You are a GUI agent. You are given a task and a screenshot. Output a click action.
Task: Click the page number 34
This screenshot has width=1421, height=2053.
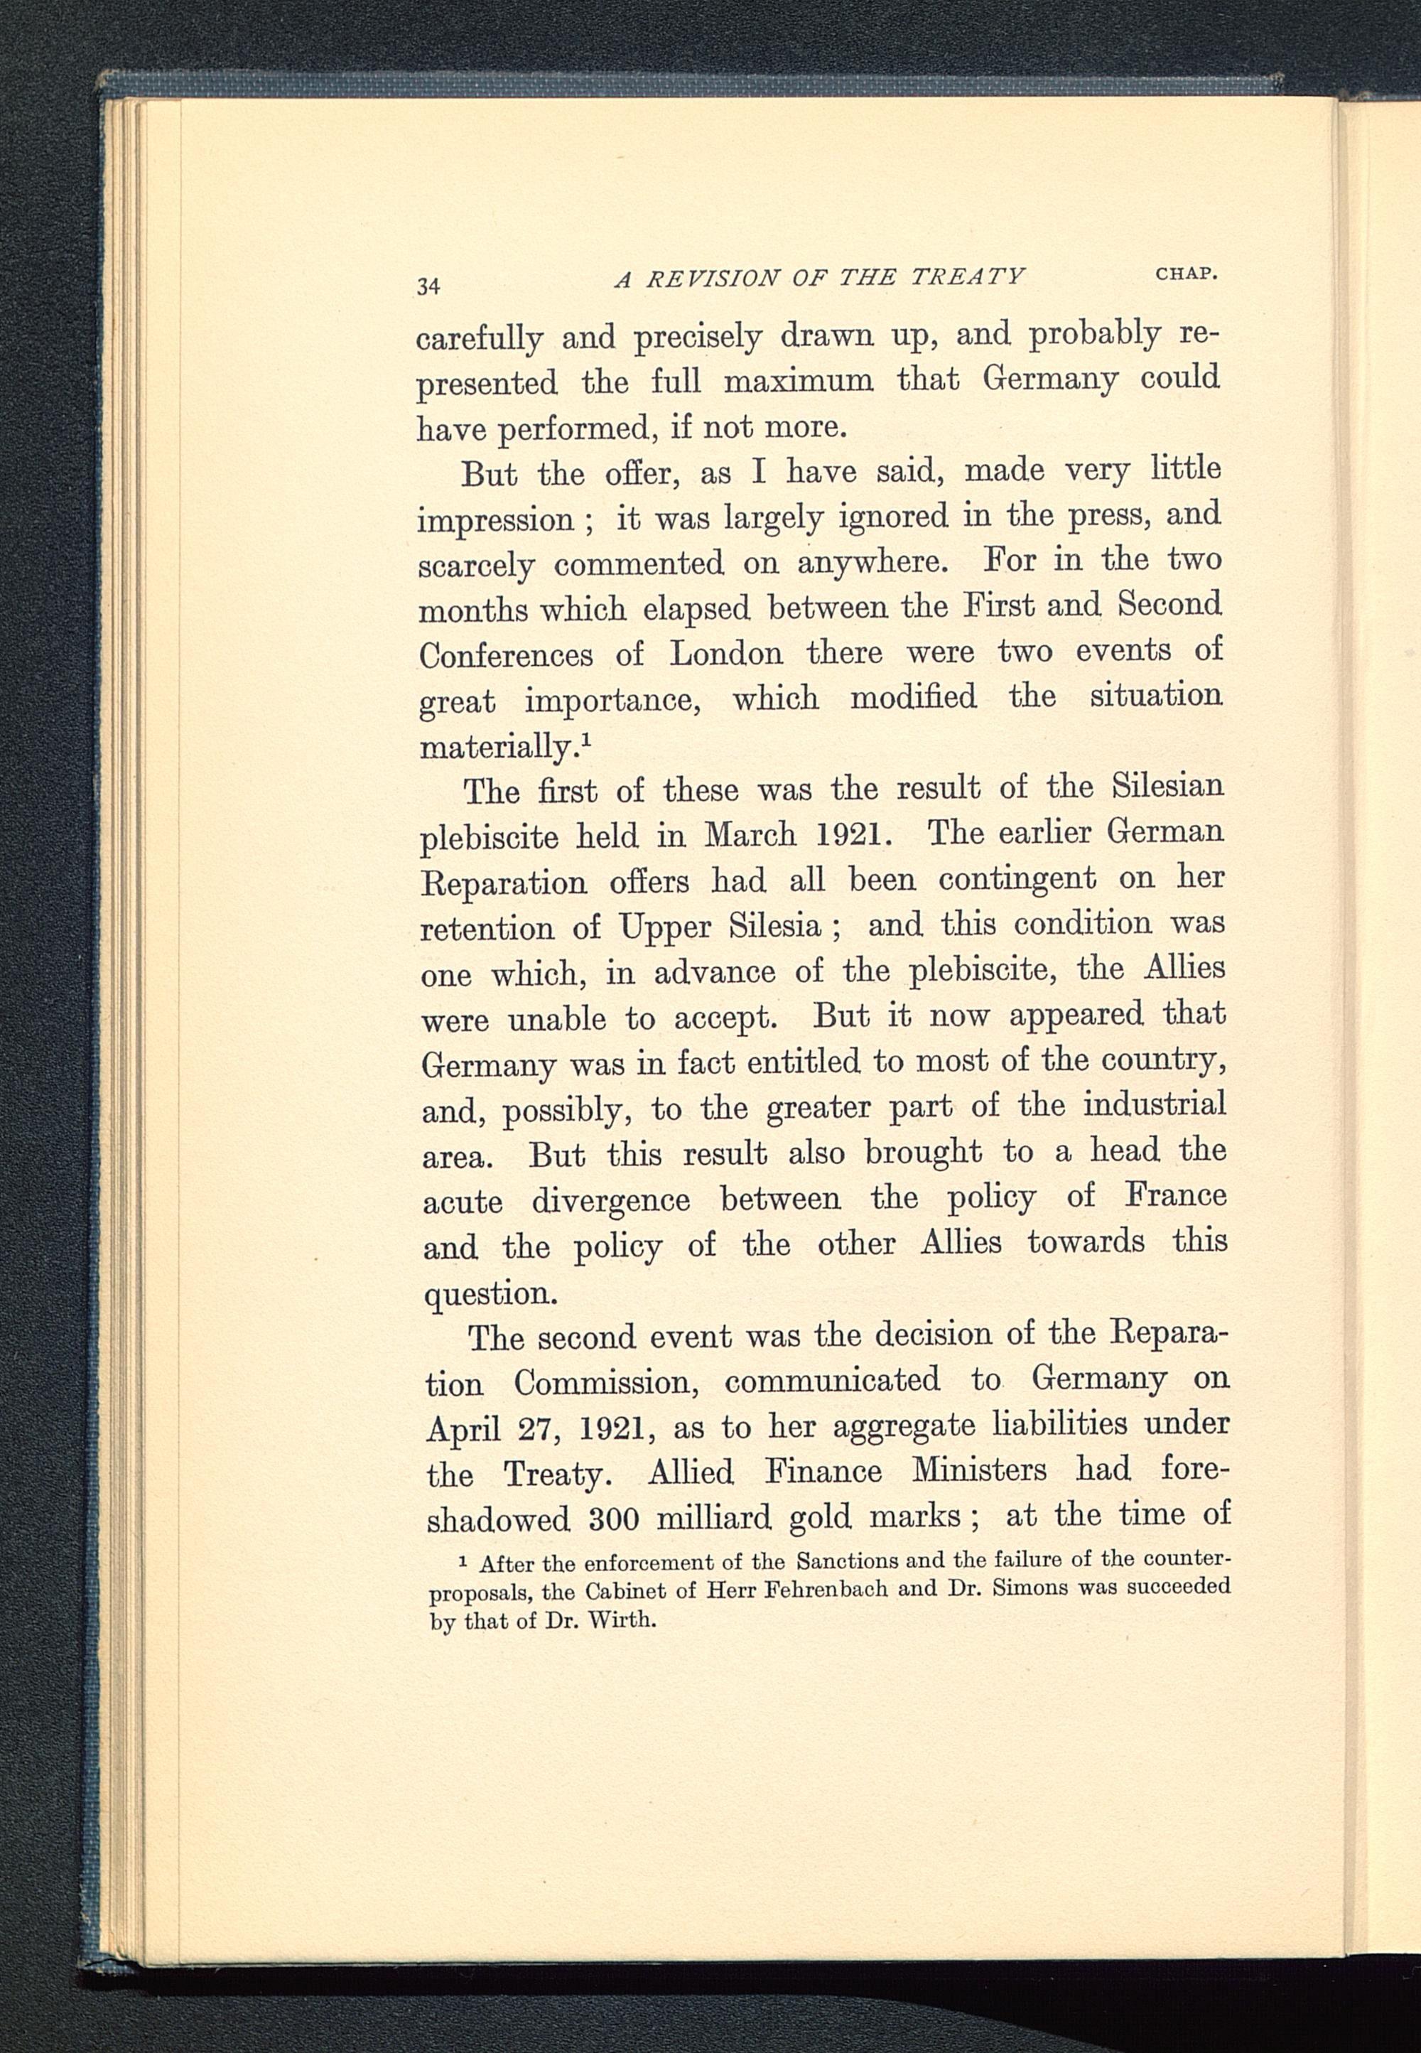click(428, 286)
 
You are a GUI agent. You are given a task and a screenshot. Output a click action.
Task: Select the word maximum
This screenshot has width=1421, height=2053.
click(799, 382)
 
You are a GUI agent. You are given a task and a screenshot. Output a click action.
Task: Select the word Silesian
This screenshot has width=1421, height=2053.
click(1168, 786)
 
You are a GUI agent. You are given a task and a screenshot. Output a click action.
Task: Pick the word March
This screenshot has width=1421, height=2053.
click(750, 834)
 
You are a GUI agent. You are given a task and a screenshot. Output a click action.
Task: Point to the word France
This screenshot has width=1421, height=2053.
click(1175, 1195)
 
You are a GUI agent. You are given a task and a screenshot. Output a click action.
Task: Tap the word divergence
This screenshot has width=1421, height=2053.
click(611, 1201)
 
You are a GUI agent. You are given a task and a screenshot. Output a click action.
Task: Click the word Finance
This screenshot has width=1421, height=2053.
click(823, 1471)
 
